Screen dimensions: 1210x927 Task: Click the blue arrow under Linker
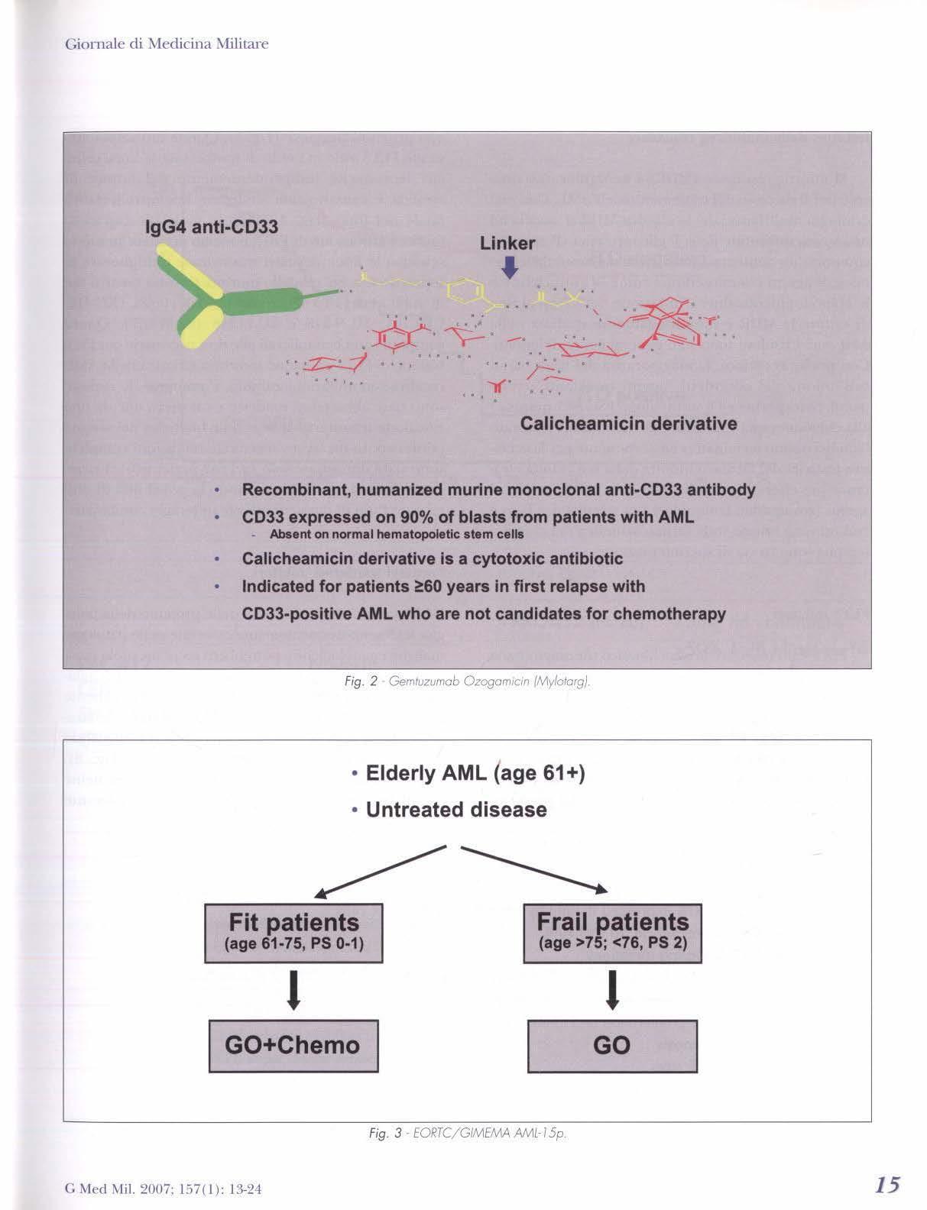(510, 267)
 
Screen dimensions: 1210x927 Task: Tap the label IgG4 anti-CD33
(212, 227)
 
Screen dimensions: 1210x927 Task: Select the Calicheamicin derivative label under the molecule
(628, 424)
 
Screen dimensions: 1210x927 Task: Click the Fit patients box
(293, 933)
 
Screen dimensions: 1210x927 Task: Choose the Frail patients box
(613, 933)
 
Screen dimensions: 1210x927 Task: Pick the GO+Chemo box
(293, 1044)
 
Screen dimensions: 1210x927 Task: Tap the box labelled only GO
(612, 1044)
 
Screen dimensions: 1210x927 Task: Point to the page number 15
(886, 1185)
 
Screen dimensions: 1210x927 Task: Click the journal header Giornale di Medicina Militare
(167, 44)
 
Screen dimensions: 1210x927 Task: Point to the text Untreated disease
(456, 810)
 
